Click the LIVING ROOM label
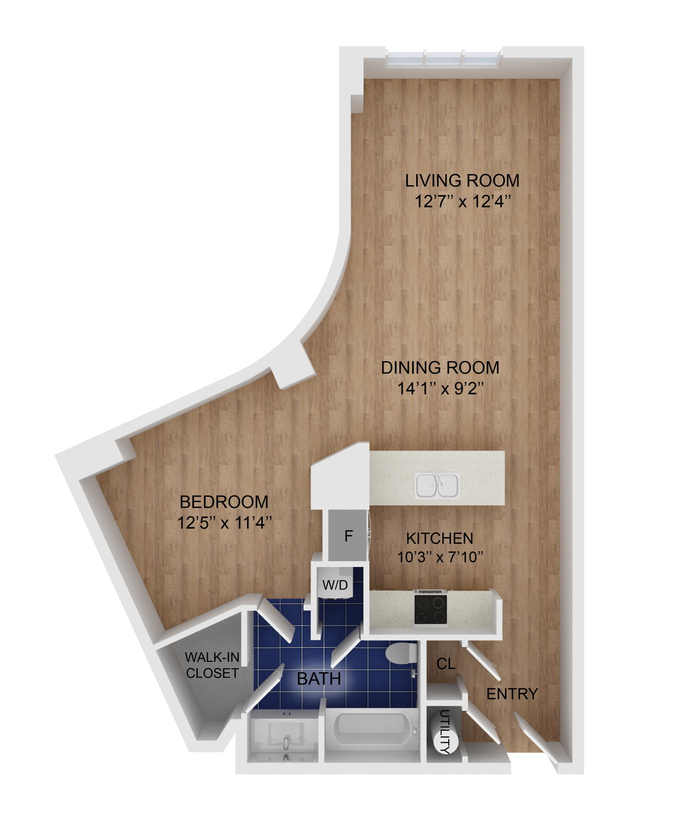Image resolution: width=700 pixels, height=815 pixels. coord(462,180)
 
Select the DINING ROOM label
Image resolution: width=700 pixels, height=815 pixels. coord(440,367)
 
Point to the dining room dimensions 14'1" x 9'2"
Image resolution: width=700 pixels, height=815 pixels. coord(440,389)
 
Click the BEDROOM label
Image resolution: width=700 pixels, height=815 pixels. coord(224,501)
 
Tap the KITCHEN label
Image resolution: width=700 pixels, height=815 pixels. coord(440,538)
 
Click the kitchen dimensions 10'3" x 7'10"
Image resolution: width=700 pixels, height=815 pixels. coord(440,557)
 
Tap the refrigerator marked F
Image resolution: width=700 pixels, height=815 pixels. coord(348,536)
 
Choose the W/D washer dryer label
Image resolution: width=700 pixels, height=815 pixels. coord(335,585)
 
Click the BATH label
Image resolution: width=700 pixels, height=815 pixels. coord(319,678)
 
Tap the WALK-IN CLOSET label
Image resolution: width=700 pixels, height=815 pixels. coord(212,665)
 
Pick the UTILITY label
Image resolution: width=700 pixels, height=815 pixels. coord(445,732)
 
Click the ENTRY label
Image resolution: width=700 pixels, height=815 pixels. coord(512,693)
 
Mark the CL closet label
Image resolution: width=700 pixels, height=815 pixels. coord(446,663)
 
